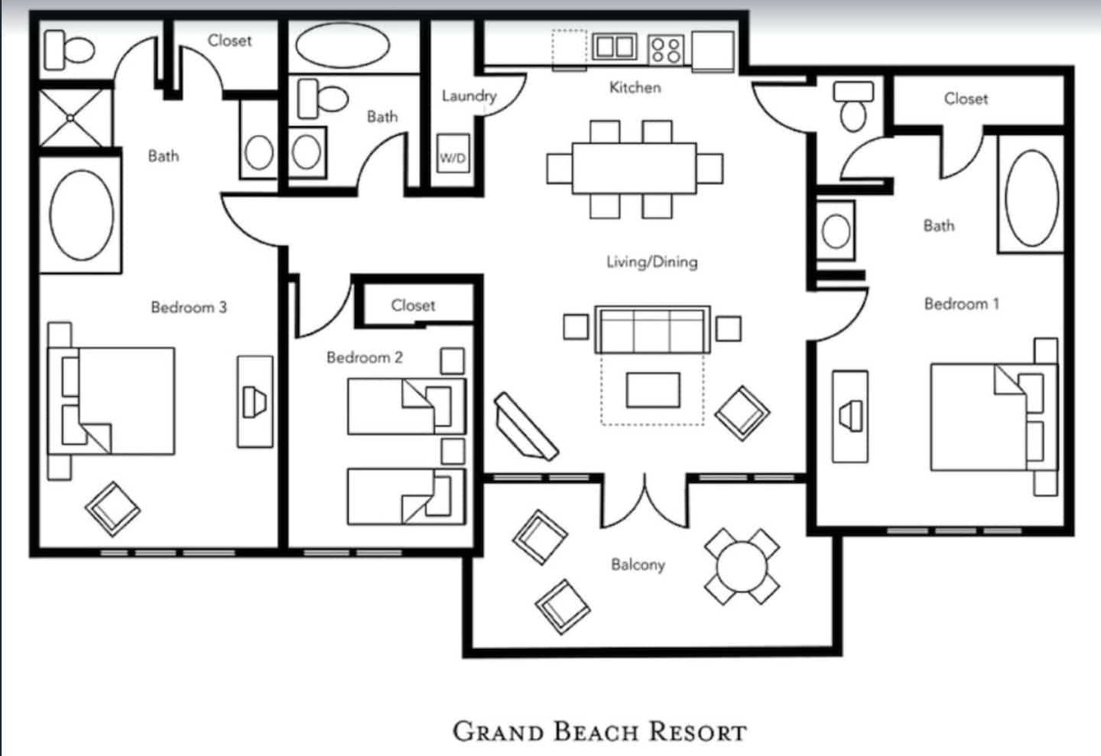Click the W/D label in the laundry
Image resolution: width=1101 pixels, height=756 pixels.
click(x=453, y=158)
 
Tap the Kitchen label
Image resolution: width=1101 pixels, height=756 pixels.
click(x=635, y=87)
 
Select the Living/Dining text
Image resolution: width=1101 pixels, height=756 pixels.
click(x=651, y=262)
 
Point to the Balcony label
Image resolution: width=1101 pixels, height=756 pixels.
click(x=638, y=564)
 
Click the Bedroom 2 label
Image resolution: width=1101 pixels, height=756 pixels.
click(x=365, y=357)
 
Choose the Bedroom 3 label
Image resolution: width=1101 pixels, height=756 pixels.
click(x=189, y=308)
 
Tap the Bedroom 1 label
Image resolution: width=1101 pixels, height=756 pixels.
click(x=961, y=304)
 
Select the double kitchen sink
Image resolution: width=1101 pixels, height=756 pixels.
click(x=615, y=47)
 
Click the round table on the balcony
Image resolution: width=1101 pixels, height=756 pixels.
click(x=742, y=567)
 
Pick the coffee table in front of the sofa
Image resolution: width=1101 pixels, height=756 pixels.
click(x=653, y=390)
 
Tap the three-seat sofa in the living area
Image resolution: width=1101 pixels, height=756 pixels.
click(x=652, y=330)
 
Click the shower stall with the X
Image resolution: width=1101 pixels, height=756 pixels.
click(x=75, y=119)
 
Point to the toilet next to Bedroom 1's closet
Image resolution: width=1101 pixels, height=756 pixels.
click(x=853, y=106)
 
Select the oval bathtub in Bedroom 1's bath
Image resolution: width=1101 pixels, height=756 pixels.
click(x=1031, y=198)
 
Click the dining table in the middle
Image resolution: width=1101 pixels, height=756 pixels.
click(x=634, y=168)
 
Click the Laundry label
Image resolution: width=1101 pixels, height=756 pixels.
click(x=469, y=96)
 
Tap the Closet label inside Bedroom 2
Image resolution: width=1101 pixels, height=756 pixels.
click(x=413, y=305)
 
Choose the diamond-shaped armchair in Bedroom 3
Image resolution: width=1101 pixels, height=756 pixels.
click(x=112, y=509)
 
